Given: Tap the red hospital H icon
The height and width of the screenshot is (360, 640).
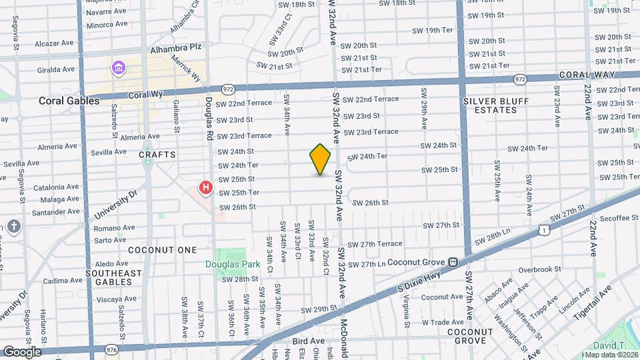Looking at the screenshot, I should [x=206, y=188].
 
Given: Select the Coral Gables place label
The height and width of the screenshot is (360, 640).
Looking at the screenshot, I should [x=64, y=101].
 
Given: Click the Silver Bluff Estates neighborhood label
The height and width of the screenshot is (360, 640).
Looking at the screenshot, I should [x=495, y=105].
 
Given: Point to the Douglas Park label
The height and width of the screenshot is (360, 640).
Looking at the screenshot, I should [x=232, y=264].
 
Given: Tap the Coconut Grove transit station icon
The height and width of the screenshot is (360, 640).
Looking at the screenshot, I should [x=453, y=263].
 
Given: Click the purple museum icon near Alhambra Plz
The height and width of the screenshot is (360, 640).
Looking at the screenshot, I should [x=119, y=67].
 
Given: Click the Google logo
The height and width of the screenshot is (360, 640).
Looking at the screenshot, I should [x=22, y=351].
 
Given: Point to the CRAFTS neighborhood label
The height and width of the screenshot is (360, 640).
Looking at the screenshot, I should [x=157, y=155].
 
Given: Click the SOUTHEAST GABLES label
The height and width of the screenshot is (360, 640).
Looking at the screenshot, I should [x=114, y=277].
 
